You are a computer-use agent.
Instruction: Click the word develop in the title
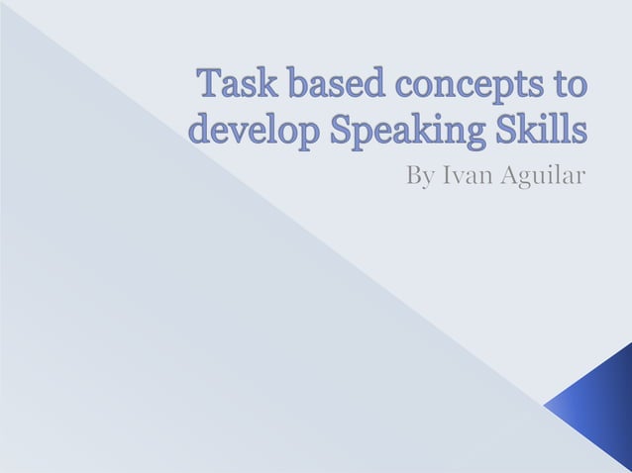[x=251, y=132]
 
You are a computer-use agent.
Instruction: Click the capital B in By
[x=414, y=177]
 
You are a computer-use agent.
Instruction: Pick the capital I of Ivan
[x=445, y=177]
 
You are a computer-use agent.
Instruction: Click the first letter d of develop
[x=198, y=130]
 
